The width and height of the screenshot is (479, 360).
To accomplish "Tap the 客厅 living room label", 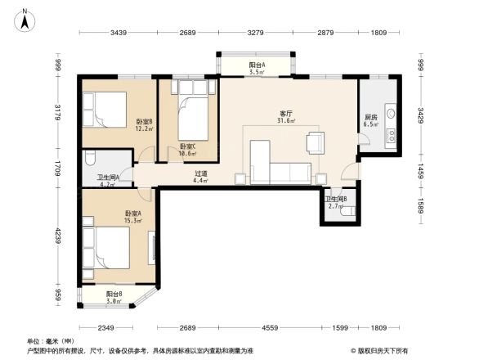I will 284,115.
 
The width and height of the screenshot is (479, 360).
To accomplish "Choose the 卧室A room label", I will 110,216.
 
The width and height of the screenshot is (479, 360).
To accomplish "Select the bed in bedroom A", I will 105,246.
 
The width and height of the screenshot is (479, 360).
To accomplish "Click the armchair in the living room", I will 315,143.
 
